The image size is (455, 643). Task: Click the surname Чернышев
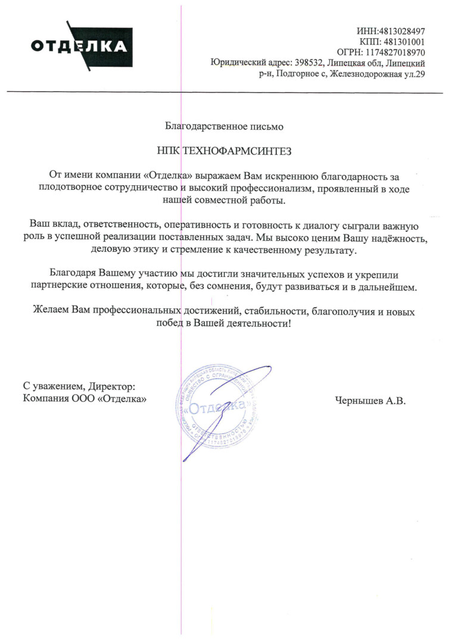tap(357, 402)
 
